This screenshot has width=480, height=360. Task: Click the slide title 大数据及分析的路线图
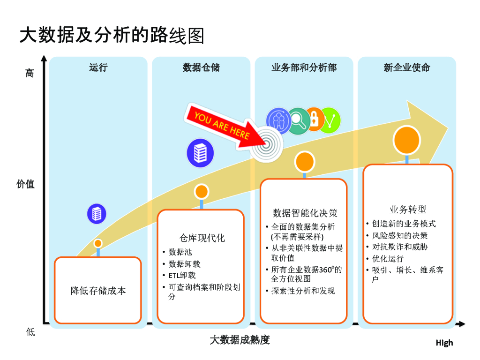click(112, 35)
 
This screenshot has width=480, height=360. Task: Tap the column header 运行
click(98, 67)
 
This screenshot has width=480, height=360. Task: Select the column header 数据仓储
click(201, 67)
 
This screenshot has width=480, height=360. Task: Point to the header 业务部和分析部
click(304, 67)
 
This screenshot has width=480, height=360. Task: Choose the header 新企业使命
click(407, 67)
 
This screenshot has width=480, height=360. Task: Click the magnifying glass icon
click(298, 121)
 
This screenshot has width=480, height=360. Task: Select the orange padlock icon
click(315, 119)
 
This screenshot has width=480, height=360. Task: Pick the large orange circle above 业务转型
click(407, 140)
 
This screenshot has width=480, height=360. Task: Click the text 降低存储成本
click(98, 291)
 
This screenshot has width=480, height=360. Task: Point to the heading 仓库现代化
click(202, 238)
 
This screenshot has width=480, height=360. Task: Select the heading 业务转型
click(408, 210)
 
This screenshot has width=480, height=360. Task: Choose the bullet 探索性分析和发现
click(303, 291)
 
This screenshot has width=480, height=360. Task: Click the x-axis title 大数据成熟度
click(240, 340)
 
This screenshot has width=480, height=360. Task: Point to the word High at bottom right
click(444, 343)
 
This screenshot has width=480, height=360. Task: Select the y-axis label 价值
click(25, 184)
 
